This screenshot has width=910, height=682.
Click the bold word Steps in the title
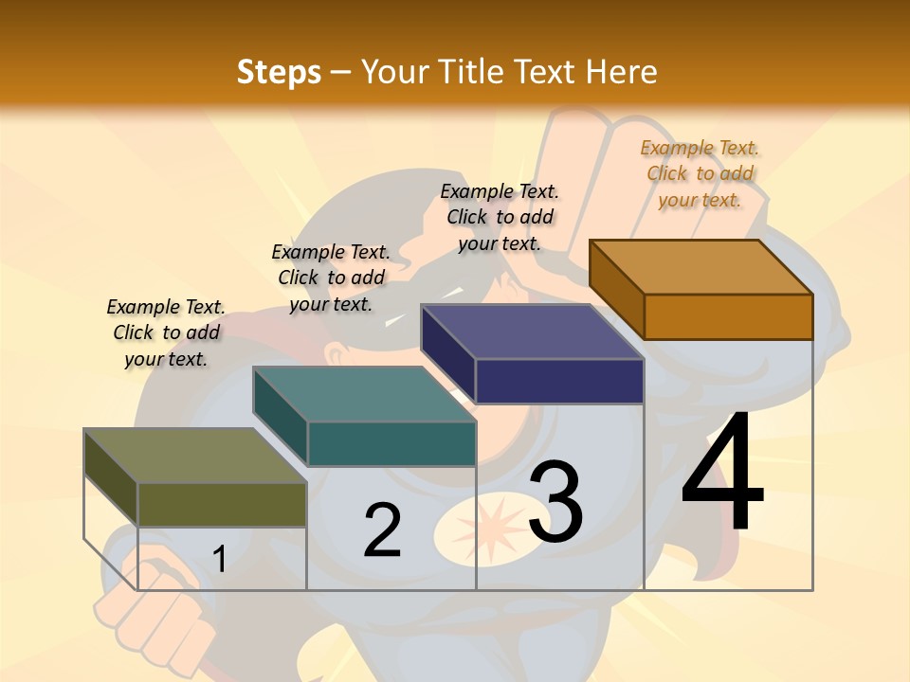[279, 72]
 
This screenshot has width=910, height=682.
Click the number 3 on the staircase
[555, 502]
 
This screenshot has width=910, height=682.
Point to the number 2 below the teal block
[382, 530]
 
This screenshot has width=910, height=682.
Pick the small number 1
[220, 559]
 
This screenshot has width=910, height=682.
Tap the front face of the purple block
[559, 381]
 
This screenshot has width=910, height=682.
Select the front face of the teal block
[391, 443]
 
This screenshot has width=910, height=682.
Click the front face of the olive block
[222, 504]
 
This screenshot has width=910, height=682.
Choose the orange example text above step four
[700, 173]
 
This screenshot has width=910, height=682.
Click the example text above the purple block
[500, 217]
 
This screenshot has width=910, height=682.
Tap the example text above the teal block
[331, 278]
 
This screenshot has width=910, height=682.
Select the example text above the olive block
[166, 332]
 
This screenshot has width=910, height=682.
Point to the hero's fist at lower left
[156, 616]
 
